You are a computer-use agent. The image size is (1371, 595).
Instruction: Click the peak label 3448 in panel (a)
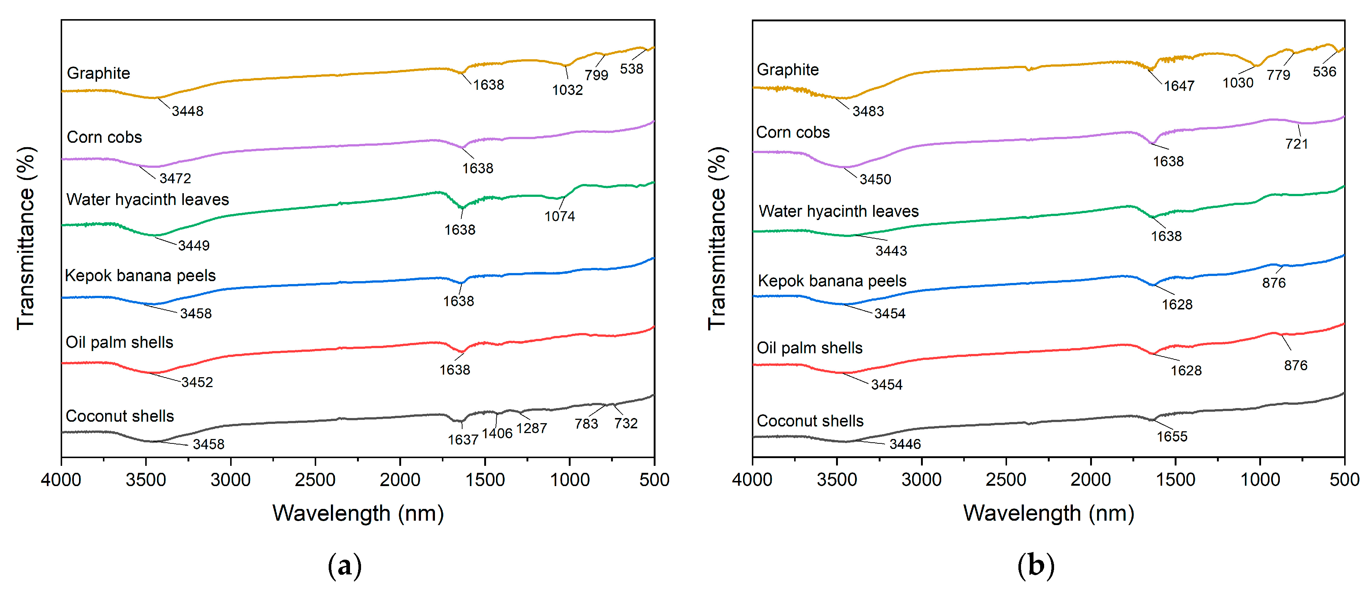pos(188,111)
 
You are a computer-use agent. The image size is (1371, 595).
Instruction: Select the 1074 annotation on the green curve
pos(559,216)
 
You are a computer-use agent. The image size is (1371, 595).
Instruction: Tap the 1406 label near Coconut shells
pos(497,433)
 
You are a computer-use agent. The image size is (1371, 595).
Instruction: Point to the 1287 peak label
pos(531,428)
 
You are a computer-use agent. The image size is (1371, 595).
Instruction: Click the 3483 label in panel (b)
pos(868,111)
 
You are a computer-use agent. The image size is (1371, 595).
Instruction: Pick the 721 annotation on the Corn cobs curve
pos(1296,144)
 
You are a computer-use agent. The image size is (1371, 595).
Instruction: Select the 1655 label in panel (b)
pos(1171,437)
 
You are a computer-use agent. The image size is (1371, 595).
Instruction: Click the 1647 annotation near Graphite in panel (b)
pos(1179,86)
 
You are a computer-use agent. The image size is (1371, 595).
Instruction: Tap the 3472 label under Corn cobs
pos(175,178)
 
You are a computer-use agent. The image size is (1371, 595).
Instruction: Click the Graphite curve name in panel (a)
pos(99,73)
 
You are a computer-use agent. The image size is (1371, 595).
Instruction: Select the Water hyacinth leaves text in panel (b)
pos(838,212)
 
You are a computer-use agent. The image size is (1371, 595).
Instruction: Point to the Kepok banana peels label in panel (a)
pos(140,275)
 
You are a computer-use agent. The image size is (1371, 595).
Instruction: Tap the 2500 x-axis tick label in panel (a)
pos(315,480)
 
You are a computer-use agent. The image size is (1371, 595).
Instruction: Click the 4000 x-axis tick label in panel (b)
pos(752,480)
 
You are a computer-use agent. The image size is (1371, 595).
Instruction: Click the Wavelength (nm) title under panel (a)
pos(358,514)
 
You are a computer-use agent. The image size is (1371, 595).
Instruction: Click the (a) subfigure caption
pos(344,565)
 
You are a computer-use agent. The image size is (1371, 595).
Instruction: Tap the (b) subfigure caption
pos(1035,565)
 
